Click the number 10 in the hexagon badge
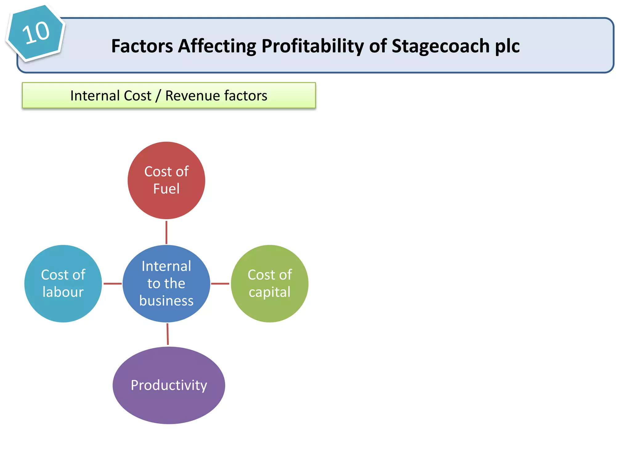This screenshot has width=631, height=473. [x=36, y=32]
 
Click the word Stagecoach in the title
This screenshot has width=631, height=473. [x=441, y=46]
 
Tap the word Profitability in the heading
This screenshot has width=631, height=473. [x=313, y=46]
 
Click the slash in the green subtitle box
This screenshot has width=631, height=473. [x=158, y=95]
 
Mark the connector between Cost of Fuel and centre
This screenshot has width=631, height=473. [x=166, y=232]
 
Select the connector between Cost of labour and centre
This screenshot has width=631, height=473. [x=112, y=284]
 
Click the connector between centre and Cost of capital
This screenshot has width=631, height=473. [x=220, y=284]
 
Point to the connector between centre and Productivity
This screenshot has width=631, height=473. [x=168, y=334]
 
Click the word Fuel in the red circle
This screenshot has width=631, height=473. [x=166, y=188]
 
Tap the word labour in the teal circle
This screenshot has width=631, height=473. [x=63, y=292]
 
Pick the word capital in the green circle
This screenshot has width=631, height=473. [x=270, y=292]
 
